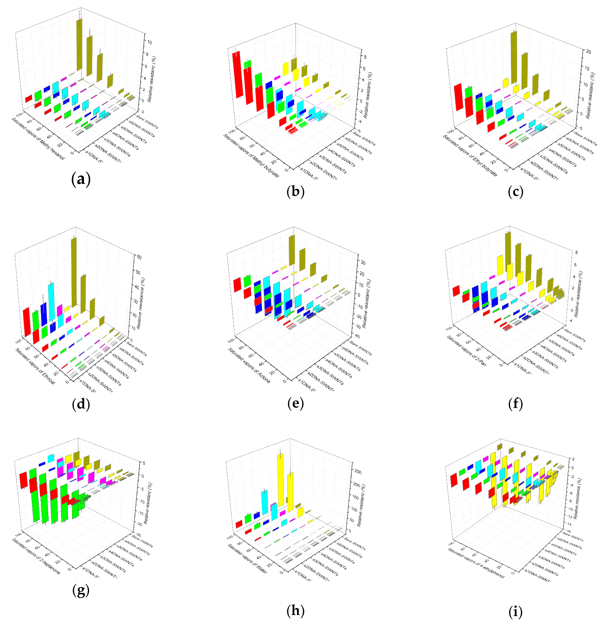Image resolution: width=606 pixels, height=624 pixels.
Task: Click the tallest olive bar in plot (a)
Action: tap(79, 45)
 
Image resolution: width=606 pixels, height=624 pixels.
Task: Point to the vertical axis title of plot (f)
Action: tap(578, 294)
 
